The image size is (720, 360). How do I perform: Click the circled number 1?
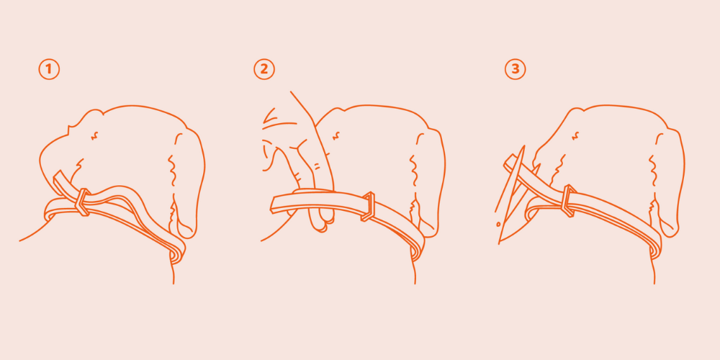click(x=49, y=69)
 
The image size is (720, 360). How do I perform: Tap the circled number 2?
click(x=264, y=69)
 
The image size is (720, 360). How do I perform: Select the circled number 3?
click(x=516, y=69)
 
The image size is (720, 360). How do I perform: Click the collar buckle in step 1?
click(x=83, y=202)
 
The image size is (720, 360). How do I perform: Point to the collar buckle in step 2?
click(x=368, y=207)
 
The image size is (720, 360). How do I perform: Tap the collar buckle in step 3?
click(x=569, y=200)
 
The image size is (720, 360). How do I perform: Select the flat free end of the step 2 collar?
click(x=276, y=204)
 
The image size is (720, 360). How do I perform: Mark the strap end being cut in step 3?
click(x=509, y=162)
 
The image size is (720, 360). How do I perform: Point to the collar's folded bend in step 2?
click(x=417, y=251)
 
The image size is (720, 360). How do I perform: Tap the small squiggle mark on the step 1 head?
click(x=95, y=135)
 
